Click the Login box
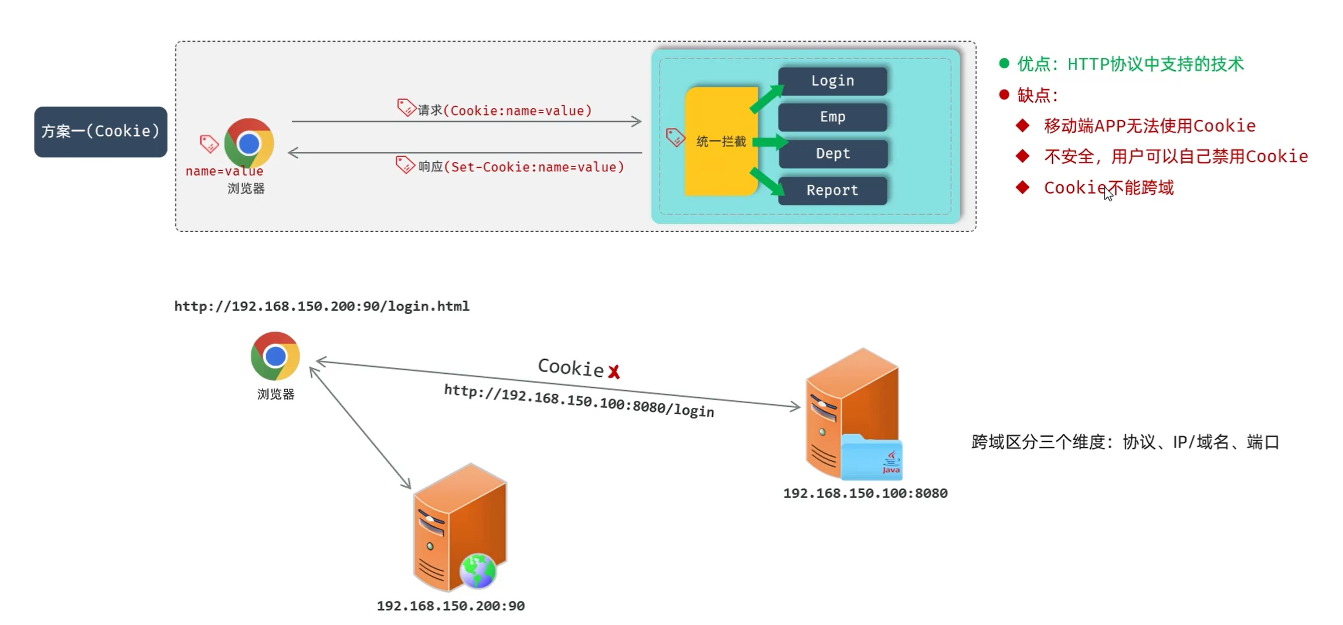coord(832,81)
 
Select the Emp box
coord(832,117)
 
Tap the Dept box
coord(832,154)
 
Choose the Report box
coord(832,190)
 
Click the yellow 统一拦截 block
coord(721,141)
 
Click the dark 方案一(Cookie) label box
coord(100,131)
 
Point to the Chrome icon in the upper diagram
coord(249,143)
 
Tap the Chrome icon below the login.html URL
coord(275,356)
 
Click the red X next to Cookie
coord(614,371)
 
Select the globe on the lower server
coord(478,570)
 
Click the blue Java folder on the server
coord(872,458)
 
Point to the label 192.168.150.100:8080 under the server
coord(865,493)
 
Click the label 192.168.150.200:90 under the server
coord(450,606)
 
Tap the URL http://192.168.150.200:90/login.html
coord(322,306)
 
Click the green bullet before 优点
coord(1004,63)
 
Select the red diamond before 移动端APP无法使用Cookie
coord(1023,125)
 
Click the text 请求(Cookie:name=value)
coord(505,110)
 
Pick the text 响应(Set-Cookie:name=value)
coord(521,167)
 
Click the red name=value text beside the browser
coord(225,171)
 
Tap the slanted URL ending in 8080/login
coord(579,401)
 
